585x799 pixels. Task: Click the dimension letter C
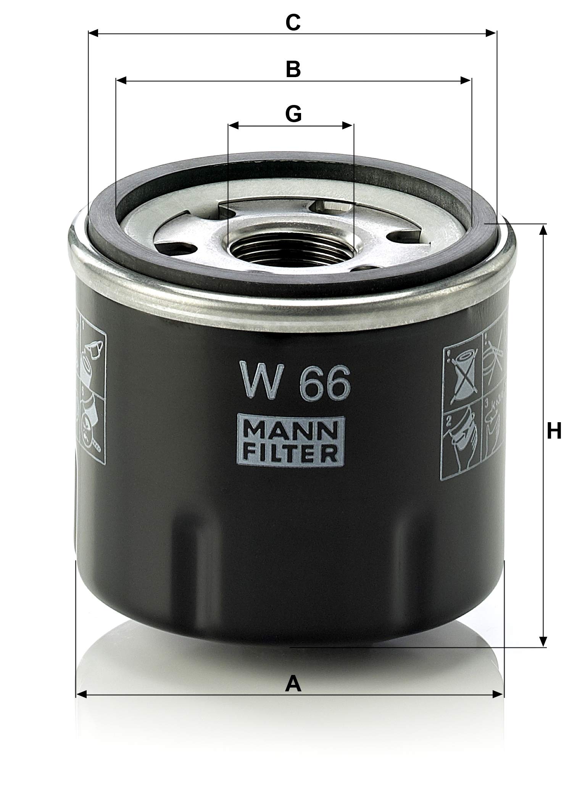click(293, 23)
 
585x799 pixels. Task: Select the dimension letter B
click(293, 69)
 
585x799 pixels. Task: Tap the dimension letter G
click(293, 114)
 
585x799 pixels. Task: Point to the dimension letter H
click(554, 432)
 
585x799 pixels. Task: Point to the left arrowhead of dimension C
click(93, 34)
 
